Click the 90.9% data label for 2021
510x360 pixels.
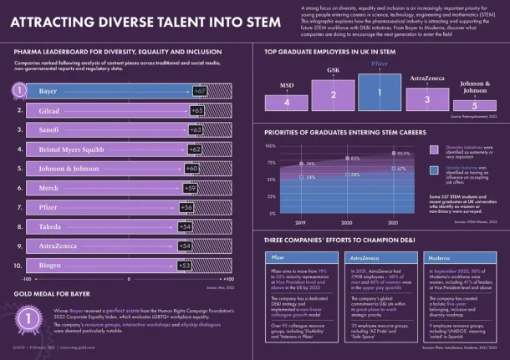[x=403, y=154]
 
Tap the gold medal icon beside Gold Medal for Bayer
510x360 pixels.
[x=29, y=317]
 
